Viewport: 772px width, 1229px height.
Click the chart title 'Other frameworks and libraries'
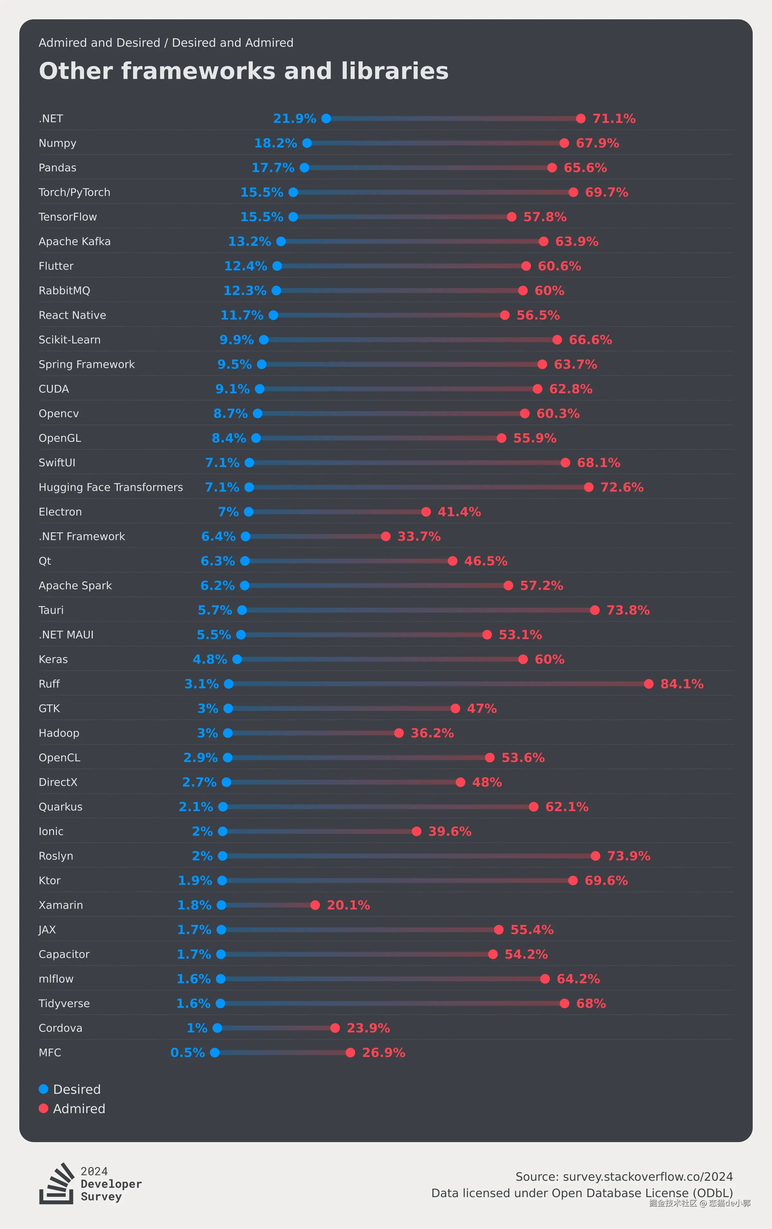click(x=244, y=71)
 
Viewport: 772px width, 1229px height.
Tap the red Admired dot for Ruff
click(x=648, y=684)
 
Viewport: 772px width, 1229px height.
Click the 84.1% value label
click(x=682, y=684)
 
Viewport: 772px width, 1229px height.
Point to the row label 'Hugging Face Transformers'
click(x=111, y=488)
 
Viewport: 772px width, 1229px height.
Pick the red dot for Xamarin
click(x=315, y=905)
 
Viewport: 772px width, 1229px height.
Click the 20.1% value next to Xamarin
click(x=348, y=905)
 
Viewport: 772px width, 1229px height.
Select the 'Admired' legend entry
click(x=72, y=1109)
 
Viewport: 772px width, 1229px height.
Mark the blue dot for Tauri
click(x=242, y=610)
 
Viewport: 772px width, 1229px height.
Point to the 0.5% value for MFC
click(x=187, y=1052)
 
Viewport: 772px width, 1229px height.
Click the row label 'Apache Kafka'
click(x=75, y=241)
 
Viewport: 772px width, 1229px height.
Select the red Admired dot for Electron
click(x=426, y=512)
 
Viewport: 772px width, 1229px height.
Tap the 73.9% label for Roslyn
click(x=629, y=856)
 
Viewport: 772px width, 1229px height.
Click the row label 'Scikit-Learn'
click(x=69, y=340)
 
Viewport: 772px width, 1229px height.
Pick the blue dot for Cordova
click(x=217, y=1028)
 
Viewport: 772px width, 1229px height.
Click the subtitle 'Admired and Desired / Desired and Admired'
click(x=166, y=43)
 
